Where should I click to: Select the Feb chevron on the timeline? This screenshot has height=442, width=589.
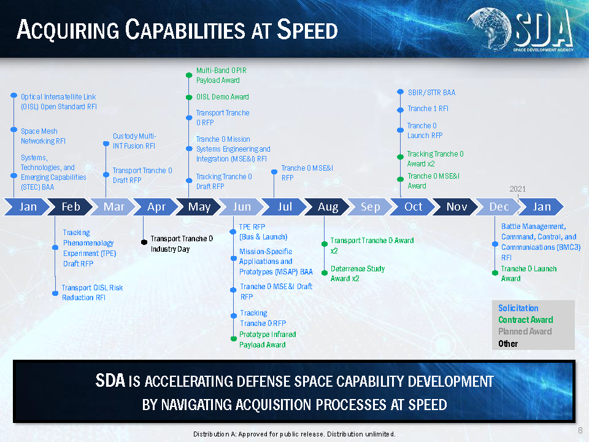pyautogui.click(x=71, y=207)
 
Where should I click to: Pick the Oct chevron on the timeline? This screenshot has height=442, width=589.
pyautogui.click(x=413, y=207)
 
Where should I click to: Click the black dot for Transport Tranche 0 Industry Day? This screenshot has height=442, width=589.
pyautogui.click(x=144, y=242)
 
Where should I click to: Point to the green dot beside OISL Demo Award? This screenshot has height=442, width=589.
pyautogui.click(x=190, y=98)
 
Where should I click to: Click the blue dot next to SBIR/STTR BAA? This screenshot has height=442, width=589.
pyautogui.click(x=401, y=91)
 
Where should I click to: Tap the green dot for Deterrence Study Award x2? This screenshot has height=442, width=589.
pyautogui.click(x=325, y=273)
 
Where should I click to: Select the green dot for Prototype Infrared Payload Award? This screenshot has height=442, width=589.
pyautogui.click(x=234, y=339)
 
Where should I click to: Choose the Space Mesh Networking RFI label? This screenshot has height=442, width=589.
pyautogui.click(x=43, y=136)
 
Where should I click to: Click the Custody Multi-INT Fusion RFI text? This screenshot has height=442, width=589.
pyautogui.click(x=134, y=141)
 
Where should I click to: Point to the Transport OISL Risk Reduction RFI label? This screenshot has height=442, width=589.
pyautogui.click(x=93, y=292)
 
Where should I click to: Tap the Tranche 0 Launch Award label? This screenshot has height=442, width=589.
pyautogui.click(x=529, y=274)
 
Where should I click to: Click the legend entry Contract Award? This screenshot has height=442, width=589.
pyautogui.click(x=526, y=320)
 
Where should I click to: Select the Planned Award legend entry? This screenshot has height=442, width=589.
pyautogui.click(x=525, y=331)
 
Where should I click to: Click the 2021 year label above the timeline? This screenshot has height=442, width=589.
pyautogui.click(x=517, y=189)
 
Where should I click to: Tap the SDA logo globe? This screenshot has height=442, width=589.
pyautogui.click(x=490, y=29)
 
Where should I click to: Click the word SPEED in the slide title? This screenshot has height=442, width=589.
pyautogui.click(x=307, y=29)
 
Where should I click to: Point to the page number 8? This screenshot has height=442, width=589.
pyautogui.click(x=580, y=430)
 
